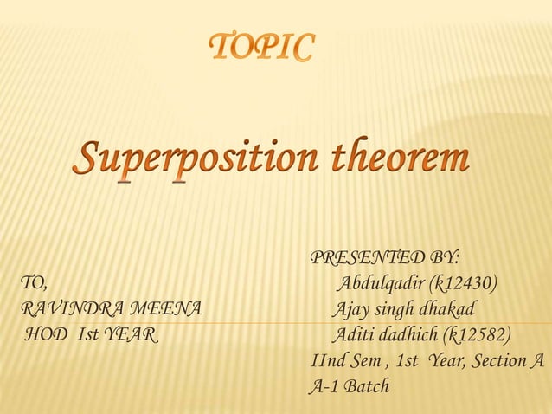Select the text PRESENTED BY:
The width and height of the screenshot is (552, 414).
[x=384, y=258]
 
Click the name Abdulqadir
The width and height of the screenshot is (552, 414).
[x=380, y=283]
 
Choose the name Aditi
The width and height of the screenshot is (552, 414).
[x=352, y=335]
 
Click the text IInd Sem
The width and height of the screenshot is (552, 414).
[x=346, y=360]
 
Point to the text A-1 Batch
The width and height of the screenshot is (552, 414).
[x=350, y=385]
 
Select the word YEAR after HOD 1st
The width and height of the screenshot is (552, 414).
[x=129, y=335]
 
